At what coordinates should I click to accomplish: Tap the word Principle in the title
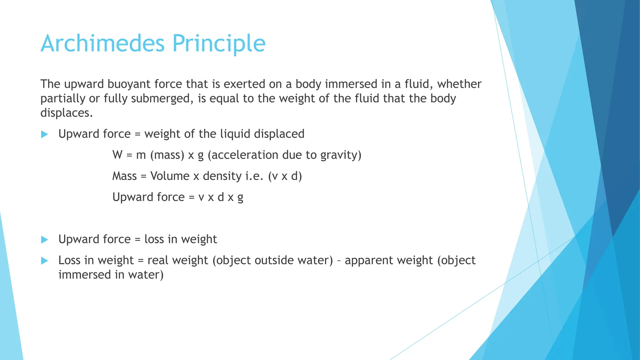(x=219, y=44)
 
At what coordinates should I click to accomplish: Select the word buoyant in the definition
(x=128, y=84)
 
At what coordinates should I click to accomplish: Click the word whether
(x=459, y=84)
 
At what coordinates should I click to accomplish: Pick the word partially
(x=63, y=99)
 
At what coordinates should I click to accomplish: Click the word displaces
(x=66, y=113)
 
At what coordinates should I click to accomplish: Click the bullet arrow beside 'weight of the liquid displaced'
(x=45, y=134)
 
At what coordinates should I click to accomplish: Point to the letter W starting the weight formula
(x=117, y=155)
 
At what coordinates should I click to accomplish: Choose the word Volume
(x=170, y=176)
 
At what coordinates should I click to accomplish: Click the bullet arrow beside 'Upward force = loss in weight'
(x=45, y=240)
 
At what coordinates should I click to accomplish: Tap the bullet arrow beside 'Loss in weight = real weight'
(x=45, y=261)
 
